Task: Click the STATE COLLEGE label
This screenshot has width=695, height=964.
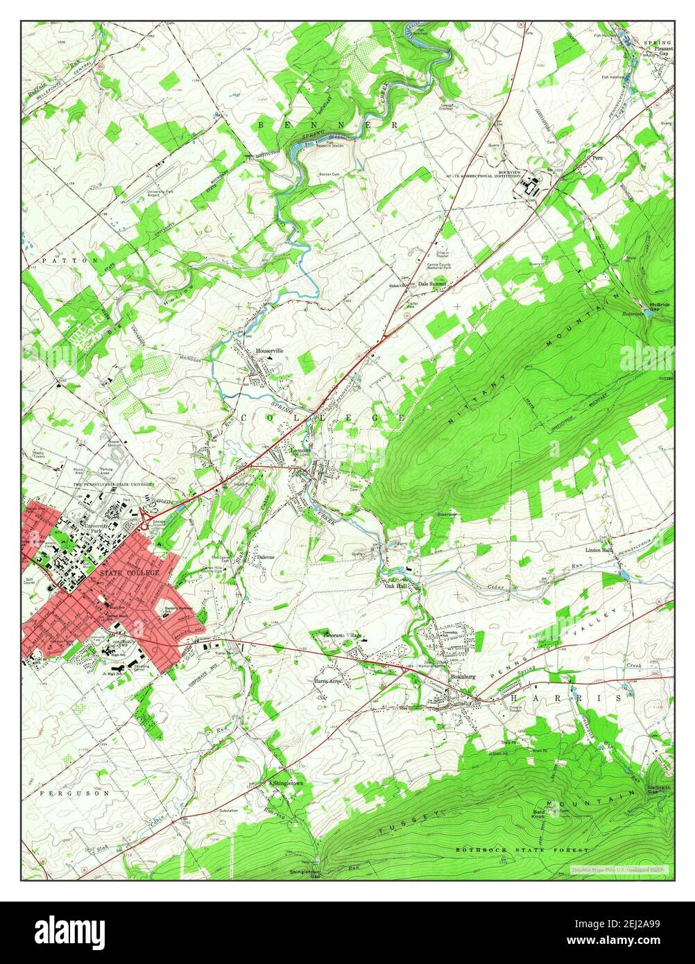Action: point(129,573)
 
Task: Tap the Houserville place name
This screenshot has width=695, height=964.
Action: point(270,351)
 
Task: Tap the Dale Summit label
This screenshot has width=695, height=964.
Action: point(432,284)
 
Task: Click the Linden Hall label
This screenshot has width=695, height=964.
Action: point(598,550)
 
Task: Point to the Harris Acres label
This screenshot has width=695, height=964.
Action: point(330,681)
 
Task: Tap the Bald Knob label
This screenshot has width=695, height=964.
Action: point(539,813)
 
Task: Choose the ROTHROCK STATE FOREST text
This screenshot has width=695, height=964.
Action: point(522,850)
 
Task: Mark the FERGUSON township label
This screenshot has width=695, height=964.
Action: point(74,793)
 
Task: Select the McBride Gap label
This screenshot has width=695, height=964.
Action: point(659,306)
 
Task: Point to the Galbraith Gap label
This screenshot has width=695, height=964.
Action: point(659,789)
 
